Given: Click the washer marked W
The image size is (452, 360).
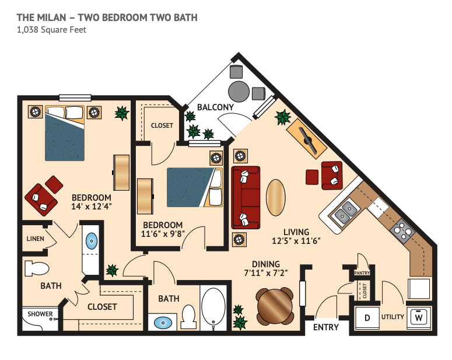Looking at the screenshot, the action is point(419,317).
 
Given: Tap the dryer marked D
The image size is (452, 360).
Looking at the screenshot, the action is point(367,317).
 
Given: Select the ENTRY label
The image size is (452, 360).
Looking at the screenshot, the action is point(326,327).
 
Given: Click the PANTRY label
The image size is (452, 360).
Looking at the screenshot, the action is point(362,273).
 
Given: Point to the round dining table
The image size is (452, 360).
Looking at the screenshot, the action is point(275,306).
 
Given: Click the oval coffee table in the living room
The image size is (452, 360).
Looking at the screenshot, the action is point(276,198).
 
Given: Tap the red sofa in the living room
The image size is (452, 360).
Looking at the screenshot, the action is point(246,198).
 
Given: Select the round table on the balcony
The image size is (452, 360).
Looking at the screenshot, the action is point(239,92).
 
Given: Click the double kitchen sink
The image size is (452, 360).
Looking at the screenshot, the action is point(345,211).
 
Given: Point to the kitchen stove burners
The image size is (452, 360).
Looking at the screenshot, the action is point(402,230).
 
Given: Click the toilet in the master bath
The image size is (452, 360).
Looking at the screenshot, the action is point(37,268).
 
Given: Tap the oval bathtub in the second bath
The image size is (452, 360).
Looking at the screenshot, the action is point(213,307).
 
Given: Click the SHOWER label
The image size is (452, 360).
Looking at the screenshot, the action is point(40,313).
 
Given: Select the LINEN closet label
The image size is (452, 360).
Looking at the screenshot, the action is point(35,239).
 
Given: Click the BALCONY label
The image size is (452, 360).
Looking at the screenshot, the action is point(215,107).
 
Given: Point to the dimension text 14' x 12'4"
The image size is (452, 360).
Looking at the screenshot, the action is point(92,206).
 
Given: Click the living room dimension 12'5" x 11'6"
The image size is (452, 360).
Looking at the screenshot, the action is point(296,240).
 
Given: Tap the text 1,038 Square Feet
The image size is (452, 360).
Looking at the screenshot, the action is point(51,30).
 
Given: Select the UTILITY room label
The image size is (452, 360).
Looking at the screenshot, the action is point(393,317).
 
